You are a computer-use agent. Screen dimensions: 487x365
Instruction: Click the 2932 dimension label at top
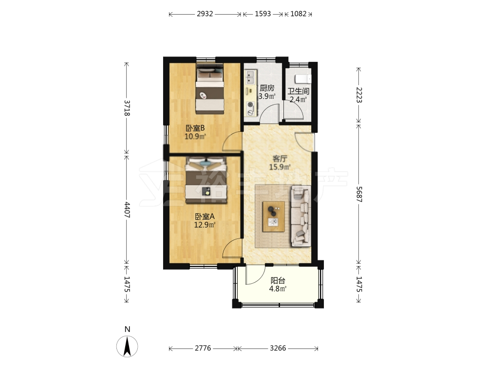click(x=205, y=14)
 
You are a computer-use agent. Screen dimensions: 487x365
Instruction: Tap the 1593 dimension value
click(x=263, y=14)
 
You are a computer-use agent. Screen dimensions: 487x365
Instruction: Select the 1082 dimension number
click(x=299, y=14)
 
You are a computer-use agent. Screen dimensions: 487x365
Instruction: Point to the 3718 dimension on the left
click(x=127, y=108)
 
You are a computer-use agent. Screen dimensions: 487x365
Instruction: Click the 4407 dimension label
click(x=127, y=210)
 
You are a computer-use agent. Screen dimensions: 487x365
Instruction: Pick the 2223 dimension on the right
click(x=359, y=95)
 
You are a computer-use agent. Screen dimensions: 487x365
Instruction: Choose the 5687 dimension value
click(x=359, y=194)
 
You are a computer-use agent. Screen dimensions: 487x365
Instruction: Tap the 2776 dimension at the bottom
click(x=203, y=348)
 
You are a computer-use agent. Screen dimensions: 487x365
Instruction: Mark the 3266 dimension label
click(x=278, y=348)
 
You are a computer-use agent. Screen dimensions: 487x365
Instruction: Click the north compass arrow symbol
click(x=127, y=346)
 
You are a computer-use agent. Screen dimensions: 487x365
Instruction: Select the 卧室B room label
click(x=195, y=128)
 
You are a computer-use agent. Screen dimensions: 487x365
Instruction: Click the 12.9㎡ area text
click(x=205, y=225)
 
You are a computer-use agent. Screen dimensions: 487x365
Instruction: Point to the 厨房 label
click(x=267, y=88)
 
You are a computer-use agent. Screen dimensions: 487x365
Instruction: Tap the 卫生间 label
click(x=298, y=91)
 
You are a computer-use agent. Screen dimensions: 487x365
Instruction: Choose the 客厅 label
click(x=280, y=159)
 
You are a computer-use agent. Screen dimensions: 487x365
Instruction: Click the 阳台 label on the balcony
click(x=278, y=281)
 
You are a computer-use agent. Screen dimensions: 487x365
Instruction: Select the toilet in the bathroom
click(x=303, y=79)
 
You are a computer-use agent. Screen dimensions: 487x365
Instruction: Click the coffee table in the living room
click(x=274, y=217)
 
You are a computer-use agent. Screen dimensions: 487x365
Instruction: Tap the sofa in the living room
click(x=300, y=217)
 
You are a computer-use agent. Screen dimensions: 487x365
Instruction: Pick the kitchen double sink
click(x=250, y=77)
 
